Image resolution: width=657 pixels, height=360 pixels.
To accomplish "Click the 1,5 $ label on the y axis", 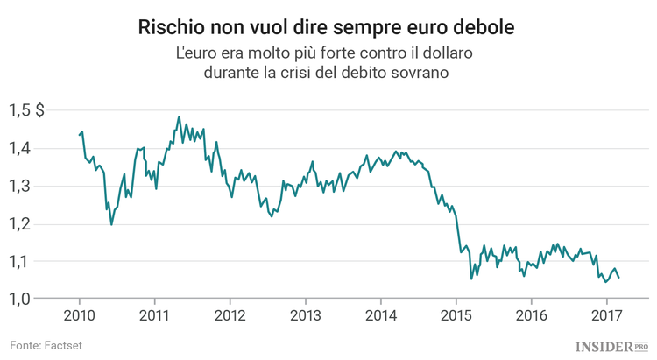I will [x=28, y=110].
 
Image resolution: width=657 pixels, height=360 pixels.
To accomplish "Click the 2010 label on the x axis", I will [x=80, y=314].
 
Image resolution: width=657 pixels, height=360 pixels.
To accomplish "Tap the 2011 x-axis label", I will [x=154, y=314].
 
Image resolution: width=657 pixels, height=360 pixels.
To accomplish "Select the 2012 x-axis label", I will [x=230, y=314].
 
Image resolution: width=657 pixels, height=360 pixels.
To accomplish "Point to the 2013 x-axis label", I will [x=305, y=314].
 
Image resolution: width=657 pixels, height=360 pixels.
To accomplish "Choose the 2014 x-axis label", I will [x=380, y=314].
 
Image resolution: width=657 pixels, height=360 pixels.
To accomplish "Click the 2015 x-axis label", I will [x=456, y=314].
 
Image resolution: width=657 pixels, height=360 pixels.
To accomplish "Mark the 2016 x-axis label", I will [x=531, y=314].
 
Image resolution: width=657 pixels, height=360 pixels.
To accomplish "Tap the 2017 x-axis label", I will [x=606, y=314].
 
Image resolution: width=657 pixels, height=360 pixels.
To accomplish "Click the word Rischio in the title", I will [x=173, y=27].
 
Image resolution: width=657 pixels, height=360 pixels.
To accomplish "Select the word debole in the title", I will [x=484, y=27].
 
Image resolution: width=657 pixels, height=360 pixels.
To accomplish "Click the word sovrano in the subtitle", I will [x=424, y=74].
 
